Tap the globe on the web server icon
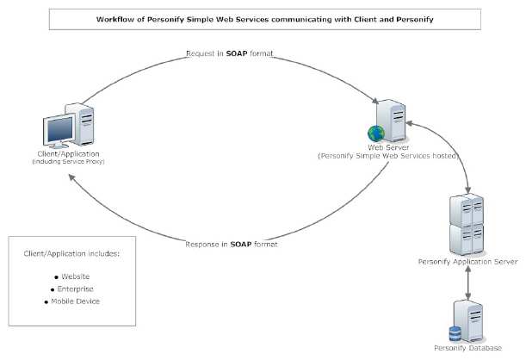374,133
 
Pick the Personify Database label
467,351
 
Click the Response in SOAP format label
232,245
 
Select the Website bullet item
76,276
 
